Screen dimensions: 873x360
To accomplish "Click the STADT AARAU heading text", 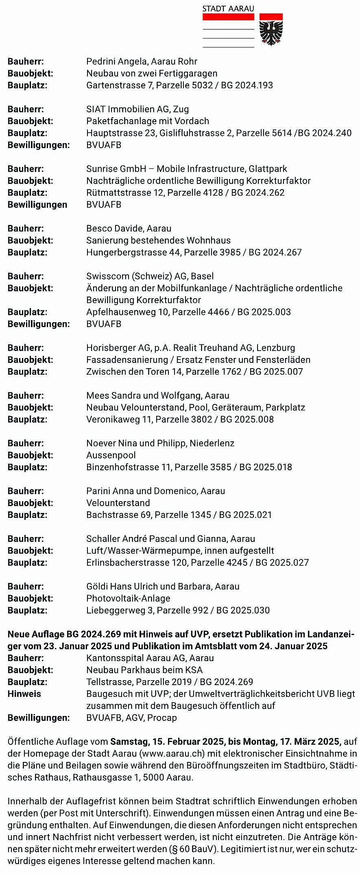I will coord(228,9).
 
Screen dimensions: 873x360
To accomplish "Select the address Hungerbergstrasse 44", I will coord(133,253).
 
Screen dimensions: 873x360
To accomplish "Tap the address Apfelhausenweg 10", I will coord(127,312).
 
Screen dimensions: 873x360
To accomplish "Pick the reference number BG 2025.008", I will coord(247,419).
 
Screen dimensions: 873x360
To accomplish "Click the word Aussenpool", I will coord(111,455).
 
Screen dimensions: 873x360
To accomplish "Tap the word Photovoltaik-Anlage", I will coord(128,598).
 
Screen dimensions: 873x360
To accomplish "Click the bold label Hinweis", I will coord(24,694).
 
